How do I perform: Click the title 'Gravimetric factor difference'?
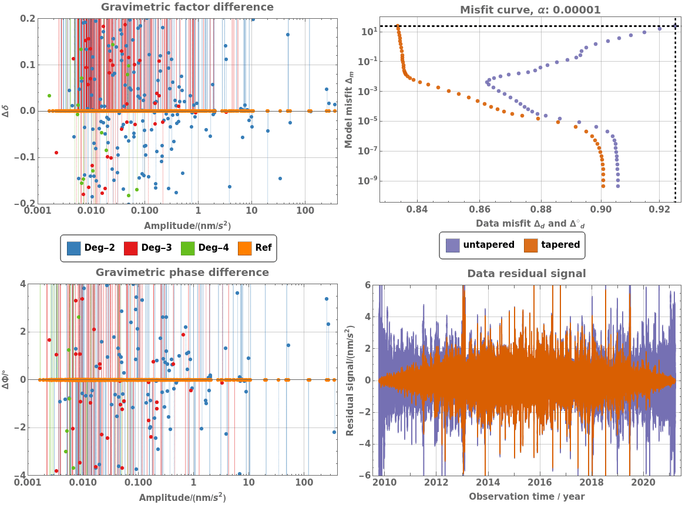pyautogui.click(x=187, y=7)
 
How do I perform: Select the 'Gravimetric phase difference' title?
pyautogui.click(x=182, y=272)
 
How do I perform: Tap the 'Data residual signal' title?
pyautogui.click(x=526, y=273)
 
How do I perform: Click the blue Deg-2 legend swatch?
pyautogui.click(x=74, y=248)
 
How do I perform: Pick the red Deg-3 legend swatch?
pyautogui.click(x=131, y=248)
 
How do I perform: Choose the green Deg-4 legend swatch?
pyautogui.click(x=188, y=248)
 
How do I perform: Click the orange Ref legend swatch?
pyautogui.click(x=245, y=248)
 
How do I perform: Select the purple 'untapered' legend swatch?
pyautogui.click(x=453, y=245)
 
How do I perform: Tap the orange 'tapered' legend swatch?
pyautogui.click(x=531, y=245)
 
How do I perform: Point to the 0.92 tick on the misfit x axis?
pyautogui.click(x=660, y=210)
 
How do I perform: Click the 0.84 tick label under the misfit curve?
pyautogui.click(x=416, y=210)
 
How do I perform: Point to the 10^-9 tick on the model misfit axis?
pyautogui.click(x=367, y=180)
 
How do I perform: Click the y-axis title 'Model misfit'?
pyautogui.click(x=349, y=110)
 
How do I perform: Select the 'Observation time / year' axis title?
pyautogui.click(x=527, y=497)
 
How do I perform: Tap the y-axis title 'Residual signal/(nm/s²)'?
pyautogui.click(x=349, y=380)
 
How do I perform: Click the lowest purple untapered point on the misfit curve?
pyautogui.click(x=617, y=186)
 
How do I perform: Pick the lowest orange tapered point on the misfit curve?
pyautogui.click(x=603, y=186)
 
